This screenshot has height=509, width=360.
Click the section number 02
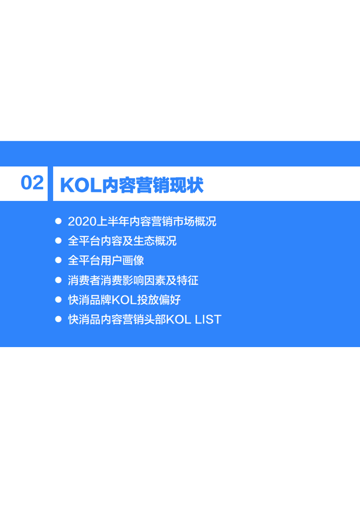tap(32, 183)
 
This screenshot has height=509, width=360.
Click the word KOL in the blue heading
tap(81, 186)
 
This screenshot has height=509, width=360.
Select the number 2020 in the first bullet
tap(82, 222)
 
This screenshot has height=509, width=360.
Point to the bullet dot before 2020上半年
tap(59, 221)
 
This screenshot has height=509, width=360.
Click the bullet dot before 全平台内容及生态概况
tap(59, 241)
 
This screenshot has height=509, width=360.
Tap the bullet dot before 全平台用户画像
tap(59, 260)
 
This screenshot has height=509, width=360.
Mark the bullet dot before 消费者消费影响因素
tap(59, 280)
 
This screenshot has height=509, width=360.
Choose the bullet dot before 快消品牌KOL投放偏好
tap(59, 299)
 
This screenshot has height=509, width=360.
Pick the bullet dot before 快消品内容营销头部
tap(59, 319)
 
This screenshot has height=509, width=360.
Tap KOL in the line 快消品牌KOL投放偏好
tap(124, 300)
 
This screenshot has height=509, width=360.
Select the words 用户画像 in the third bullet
tap(122, 260)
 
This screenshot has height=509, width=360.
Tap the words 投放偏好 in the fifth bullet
tap(159, 300)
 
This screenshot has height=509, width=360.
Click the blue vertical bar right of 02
tap(50, 184)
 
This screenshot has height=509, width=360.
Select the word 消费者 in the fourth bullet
tap(84, 280)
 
